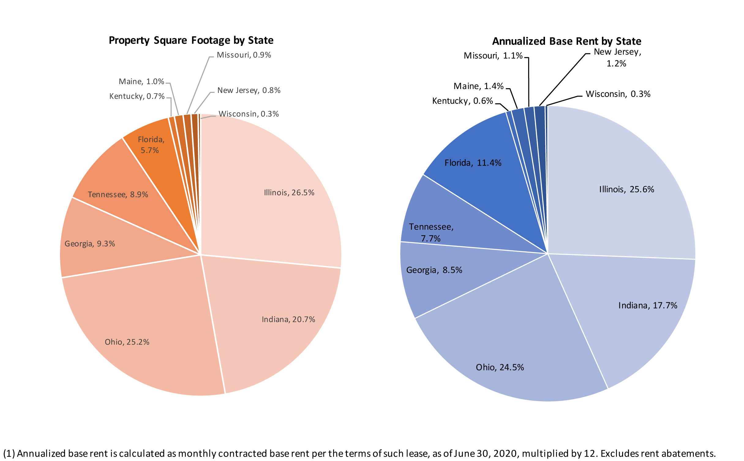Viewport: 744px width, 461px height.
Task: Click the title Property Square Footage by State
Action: [x=191, y=40]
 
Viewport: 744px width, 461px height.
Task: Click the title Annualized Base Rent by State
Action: [x=566, y=41]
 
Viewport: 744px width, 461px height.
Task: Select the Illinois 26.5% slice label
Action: [x=289, y=192]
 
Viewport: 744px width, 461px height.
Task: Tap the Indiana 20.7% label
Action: [x=288, y=319]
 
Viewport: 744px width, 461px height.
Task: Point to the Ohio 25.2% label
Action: [x=127, y=342]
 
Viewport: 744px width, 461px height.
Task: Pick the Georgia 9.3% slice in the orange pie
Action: [x=90, y=244]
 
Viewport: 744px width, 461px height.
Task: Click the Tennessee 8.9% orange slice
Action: [x=118, y=194]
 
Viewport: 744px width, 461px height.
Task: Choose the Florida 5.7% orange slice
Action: [x=151, y=145]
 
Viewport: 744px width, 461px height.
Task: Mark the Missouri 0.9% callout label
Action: [x=244, y=55]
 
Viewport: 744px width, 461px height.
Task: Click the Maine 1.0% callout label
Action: [x=141, y=82]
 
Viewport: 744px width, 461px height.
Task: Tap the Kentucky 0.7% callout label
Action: [x=137, y=96]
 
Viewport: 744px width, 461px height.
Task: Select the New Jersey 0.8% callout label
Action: [x=249, y=90]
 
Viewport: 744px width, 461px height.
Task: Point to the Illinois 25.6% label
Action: [x=626, y=189]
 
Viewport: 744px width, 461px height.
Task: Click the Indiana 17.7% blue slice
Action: [x=648, y=305]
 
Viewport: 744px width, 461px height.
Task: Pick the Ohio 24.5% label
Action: [x=500, y=367]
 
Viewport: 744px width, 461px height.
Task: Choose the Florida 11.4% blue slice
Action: [x=473, y=163]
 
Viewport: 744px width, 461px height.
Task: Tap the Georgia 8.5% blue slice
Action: [x=434, y=270]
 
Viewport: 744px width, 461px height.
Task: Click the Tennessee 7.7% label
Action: [x=431, y=232]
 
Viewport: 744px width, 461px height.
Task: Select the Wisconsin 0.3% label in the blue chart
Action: [x=618, y=94]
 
